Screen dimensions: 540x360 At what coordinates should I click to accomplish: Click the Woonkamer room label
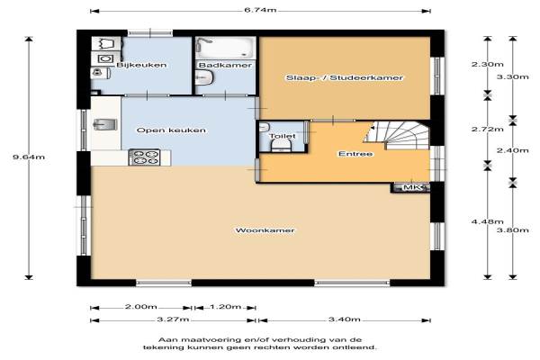[x=265, y=230]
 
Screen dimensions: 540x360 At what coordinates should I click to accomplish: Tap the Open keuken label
[x=171, y=130]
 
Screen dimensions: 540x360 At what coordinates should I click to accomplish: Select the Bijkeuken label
[x=141, y=65]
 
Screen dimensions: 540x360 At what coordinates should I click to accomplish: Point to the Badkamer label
[x=225, y=65]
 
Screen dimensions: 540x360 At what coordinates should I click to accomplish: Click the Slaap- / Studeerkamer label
[x=345, y=77]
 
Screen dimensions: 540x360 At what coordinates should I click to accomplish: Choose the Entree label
[x=355, y=154]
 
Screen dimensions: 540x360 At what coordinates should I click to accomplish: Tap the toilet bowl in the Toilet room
[x=282, y=146]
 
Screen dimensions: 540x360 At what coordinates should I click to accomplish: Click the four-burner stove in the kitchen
[x=144, y=157]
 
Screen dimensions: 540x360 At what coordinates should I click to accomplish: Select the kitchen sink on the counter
[x=105, y=124]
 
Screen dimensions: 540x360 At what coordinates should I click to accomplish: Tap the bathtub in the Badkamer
[x=226, y=48]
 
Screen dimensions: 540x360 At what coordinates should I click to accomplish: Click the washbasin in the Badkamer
[x=204, y=78]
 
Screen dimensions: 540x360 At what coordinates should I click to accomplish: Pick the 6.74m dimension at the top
[x=260, y=10]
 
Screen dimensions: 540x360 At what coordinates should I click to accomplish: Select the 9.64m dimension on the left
[x=29, y=157]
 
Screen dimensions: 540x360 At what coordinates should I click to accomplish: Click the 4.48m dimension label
[x=487, y=221]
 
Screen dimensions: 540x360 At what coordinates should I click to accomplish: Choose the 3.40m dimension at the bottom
[x=345, y=319]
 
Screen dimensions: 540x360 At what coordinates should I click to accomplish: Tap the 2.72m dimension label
[x=487, y=130]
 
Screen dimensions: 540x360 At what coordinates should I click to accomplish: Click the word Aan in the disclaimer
[x=166, y=339]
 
